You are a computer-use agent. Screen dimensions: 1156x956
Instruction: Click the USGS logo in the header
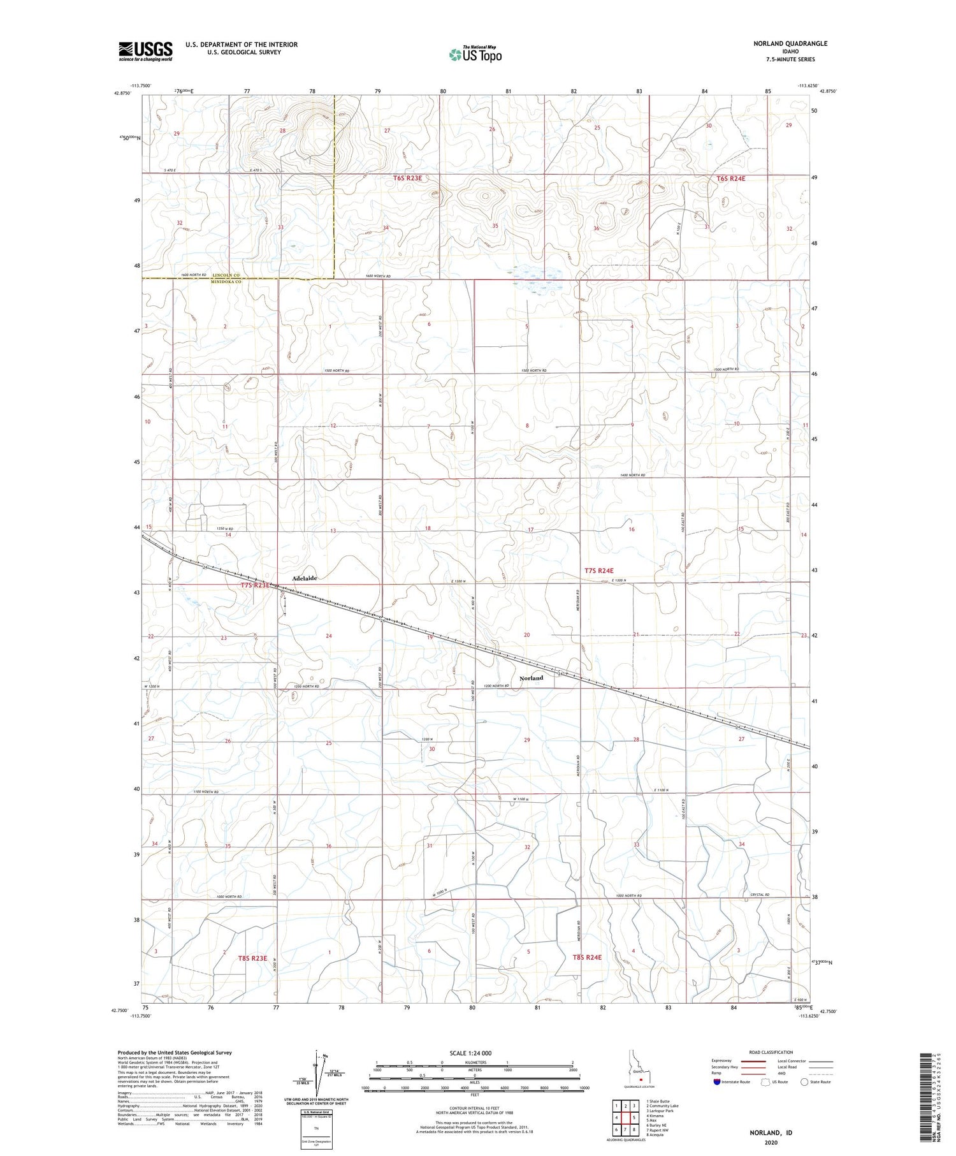[145, 50]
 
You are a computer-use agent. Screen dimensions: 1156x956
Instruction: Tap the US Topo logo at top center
[475, 55]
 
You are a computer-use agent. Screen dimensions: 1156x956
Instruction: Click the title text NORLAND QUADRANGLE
[791, 43]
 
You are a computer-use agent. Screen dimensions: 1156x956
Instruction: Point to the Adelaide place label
[304, 578]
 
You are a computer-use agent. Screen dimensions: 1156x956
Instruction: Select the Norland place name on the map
[531, 678]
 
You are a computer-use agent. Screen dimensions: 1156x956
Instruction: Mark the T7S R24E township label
[598, 571]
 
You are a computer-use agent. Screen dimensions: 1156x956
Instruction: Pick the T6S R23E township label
[407, 179]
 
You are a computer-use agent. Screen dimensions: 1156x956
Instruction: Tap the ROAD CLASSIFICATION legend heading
[771, 1052]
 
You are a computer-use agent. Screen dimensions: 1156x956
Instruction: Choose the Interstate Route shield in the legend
[717, 1081]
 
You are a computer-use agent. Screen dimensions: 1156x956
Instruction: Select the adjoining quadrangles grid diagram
[626, 1116]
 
